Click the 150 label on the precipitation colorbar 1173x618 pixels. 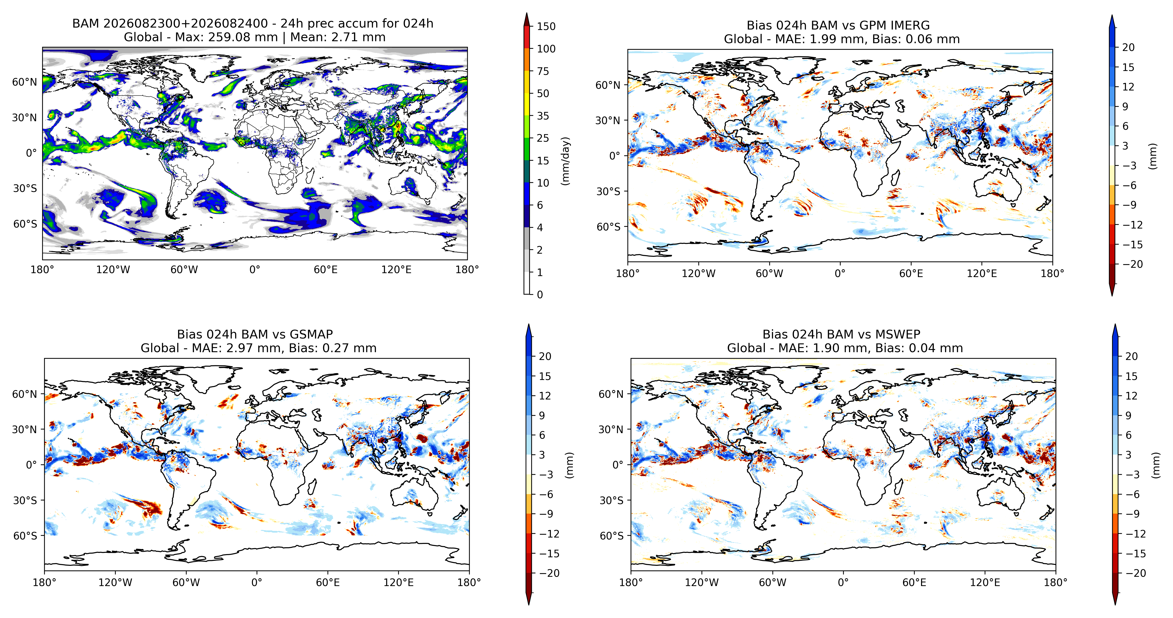(x=546, y=26)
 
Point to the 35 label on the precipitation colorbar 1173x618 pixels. (x=543, y=116)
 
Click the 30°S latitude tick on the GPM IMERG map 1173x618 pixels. (x=608, y=191)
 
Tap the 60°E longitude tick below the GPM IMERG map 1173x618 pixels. (x=911, y=273)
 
